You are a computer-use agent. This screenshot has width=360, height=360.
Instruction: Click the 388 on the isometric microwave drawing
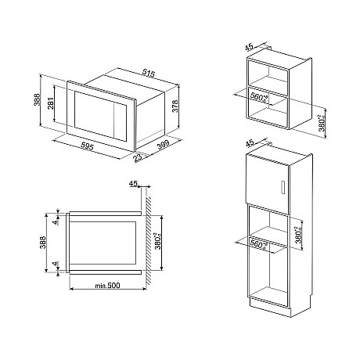pyautogui.click(x=36, y=101)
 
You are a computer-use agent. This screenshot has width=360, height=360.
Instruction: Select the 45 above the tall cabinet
pyautogui.click(x=250, y=142)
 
